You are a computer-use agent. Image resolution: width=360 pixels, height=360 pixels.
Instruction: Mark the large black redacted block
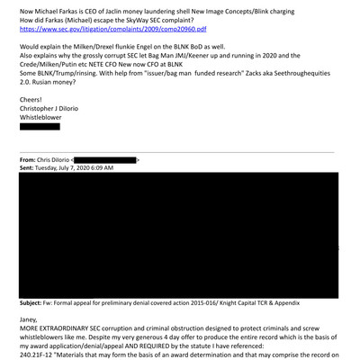pos(180,234)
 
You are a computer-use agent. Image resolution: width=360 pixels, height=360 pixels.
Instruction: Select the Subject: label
pos(35,303)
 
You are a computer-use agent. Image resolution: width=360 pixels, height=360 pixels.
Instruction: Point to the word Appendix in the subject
pos(321,303)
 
